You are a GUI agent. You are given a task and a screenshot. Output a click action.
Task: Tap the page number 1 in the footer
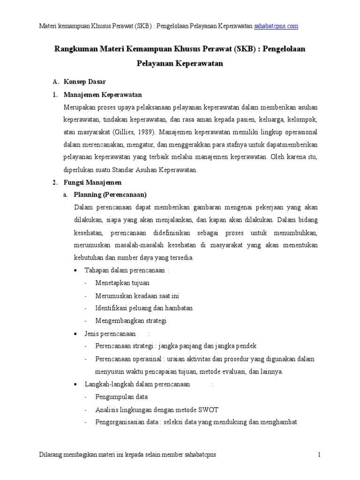(x=319, y=455)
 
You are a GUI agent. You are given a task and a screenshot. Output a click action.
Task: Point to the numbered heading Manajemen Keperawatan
(x=103, y=95)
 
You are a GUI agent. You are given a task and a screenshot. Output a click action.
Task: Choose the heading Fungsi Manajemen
(x=92, y=182)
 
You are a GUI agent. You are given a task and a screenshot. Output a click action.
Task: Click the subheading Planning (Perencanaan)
(x=110, y=195)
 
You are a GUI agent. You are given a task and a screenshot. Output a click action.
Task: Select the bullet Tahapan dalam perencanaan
(x=126, y=270)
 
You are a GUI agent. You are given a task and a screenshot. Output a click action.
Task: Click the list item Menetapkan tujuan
(x=122, y=283)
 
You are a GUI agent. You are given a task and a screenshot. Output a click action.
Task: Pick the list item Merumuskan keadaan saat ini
(x=137, y=296)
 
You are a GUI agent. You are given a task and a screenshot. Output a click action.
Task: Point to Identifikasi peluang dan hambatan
(x=144, y=308)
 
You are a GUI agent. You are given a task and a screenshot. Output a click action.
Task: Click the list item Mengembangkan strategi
(x=131, y=321)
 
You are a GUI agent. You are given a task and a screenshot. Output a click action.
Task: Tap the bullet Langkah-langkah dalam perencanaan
(x=137, y=384)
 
